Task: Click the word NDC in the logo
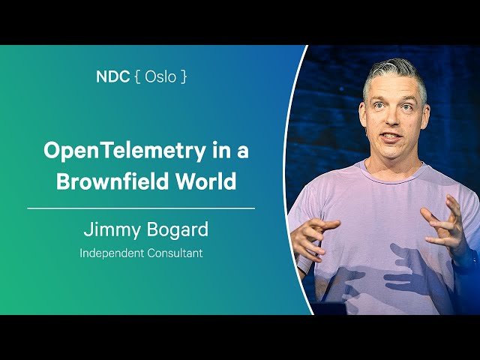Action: click(x=112, y=76)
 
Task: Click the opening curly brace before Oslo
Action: click(x=137, y=76)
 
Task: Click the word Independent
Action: click(x=112, y=253)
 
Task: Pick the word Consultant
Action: click(x=175, y=253)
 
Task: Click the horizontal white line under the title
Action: click(x=141, y=208)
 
